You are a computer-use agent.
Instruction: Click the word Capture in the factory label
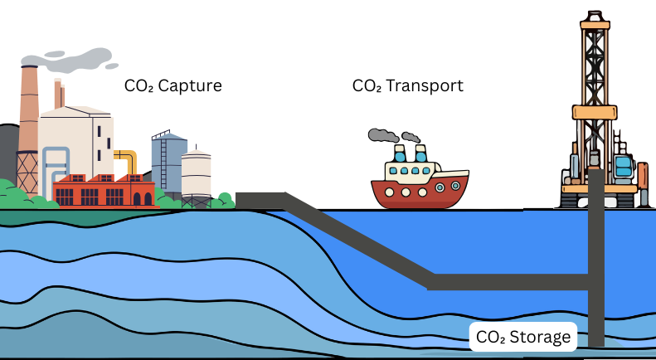[192, 85]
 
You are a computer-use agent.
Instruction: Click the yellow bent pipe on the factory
[128, 161]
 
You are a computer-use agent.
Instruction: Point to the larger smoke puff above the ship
[382, 135]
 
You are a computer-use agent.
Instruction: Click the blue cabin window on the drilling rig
[622, 166]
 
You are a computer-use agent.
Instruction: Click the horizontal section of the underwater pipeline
[506, 281]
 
